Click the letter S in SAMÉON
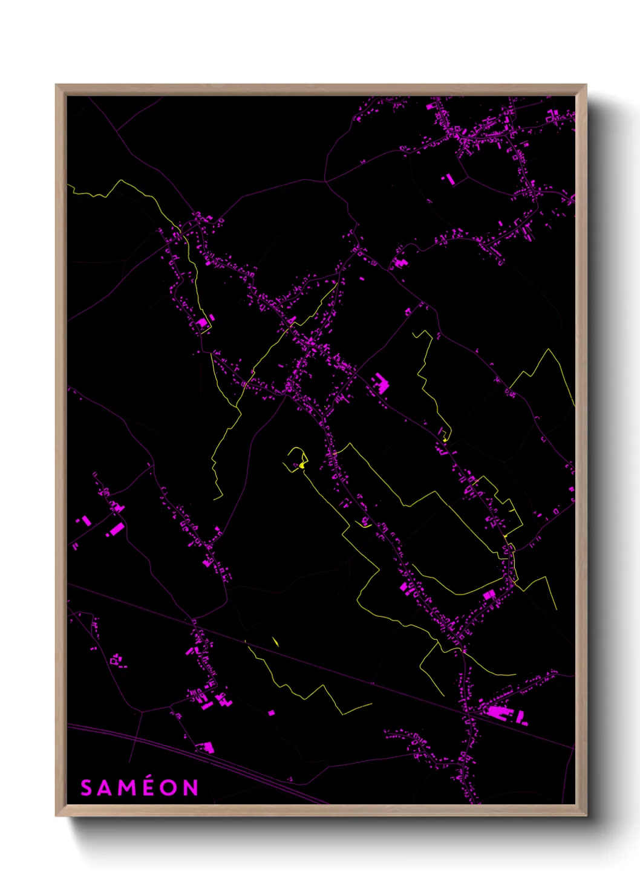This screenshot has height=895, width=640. tap(87, 788)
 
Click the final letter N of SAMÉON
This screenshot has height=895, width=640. tap(191, 788)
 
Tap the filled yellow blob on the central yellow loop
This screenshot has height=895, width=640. tap(301, 465)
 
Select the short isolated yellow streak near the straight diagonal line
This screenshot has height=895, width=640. tap(275, 641)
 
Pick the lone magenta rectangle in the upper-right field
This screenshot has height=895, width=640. tap(449, 178)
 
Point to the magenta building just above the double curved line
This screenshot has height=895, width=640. tap(207, 748)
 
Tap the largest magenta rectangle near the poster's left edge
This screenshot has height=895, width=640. tap(115, 530)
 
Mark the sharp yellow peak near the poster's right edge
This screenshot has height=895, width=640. tap(548, 350)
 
